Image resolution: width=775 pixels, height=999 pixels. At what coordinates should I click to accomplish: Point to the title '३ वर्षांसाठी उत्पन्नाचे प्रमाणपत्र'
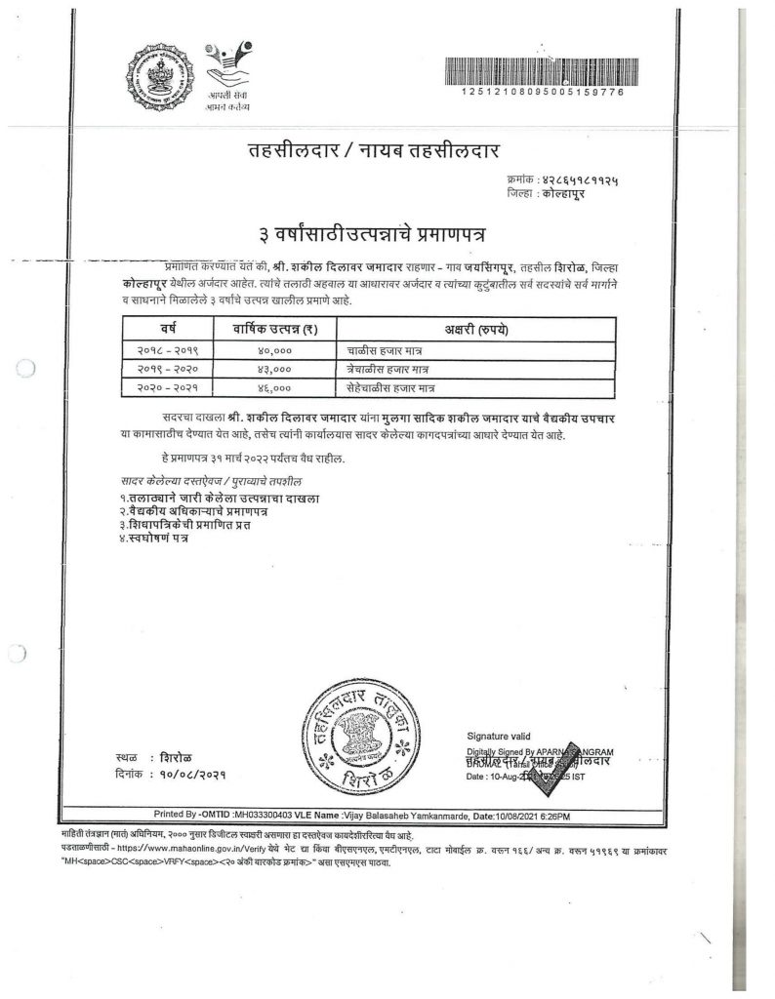(372, 235)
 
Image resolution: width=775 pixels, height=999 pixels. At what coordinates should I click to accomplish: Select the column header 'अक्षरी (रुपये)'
(478, 330)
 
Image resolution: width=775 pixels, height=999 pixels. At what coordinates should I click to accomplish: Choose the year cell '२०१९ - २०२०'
(161, 370)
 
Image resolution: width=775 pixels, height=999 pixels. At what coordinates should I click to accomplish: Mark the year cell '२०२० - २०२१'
(161, 389)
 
